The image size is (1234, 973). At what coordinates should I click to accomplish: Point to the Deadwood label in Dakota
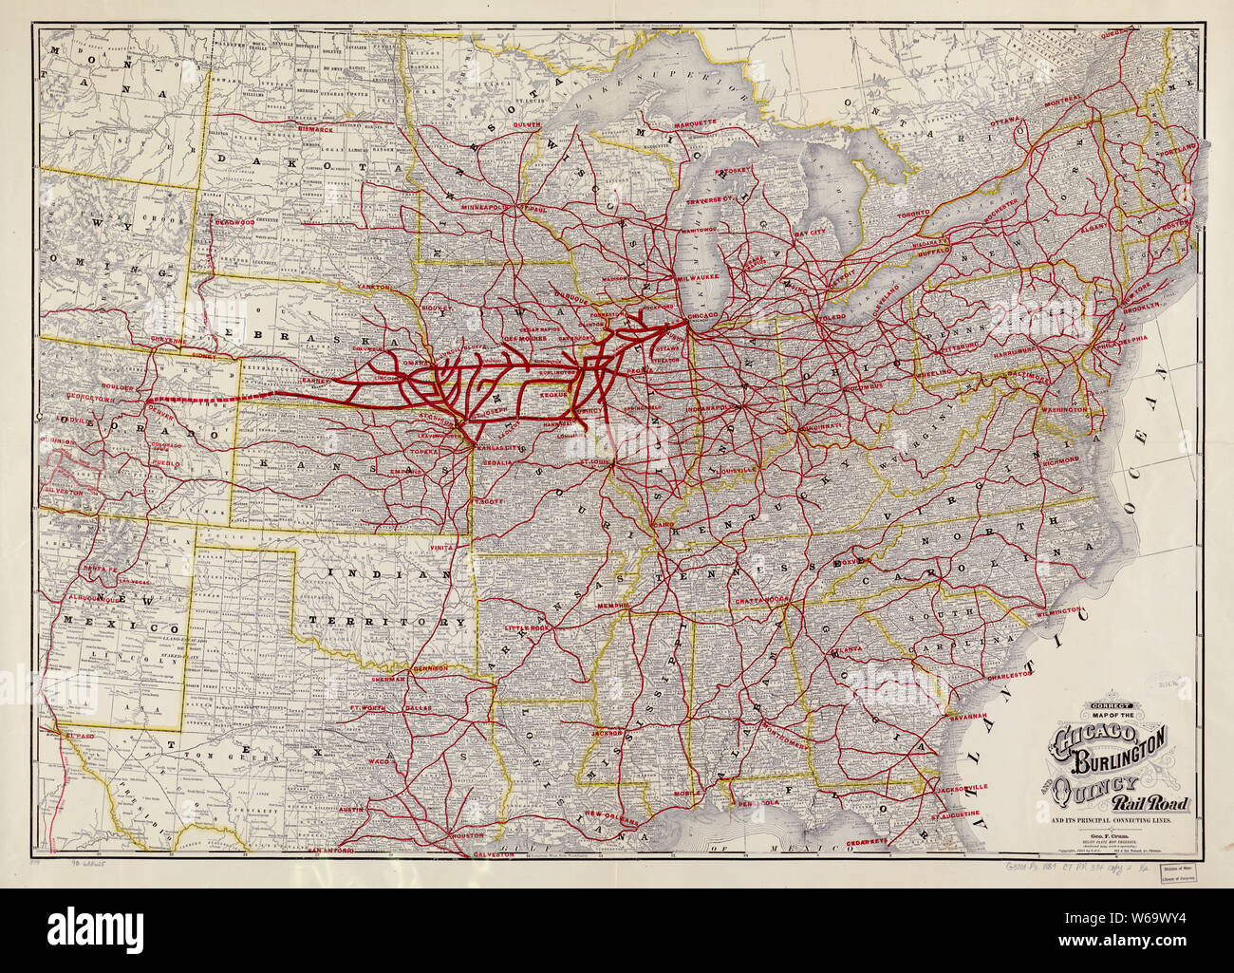[235, 220]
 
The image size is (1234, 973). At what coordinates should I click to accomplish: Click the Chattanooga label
[762, 601]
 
